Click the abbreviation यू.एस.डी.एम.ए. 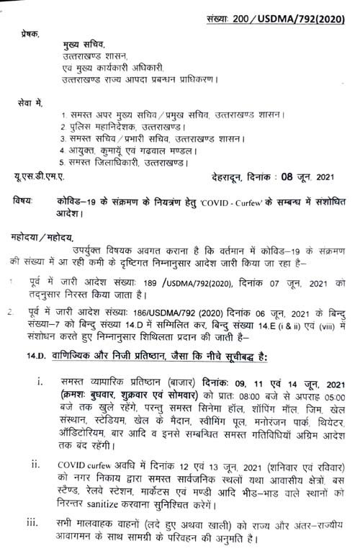click(x=40, y=176)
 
